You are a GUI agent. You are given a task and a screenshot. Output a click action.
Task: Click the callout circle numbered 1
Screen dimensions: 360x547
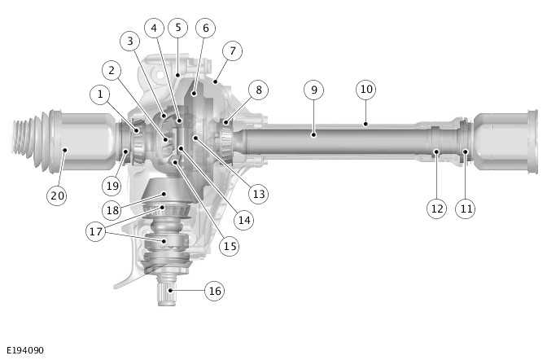click(x=101, y=94)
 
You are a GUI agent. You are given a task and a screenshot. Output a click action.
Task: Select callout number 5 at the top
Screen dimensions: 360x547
click(x=177, y=28)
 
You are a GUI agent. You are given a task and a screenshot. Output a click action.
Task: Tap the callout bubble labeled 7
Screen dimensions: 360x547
click(x=233, y=51)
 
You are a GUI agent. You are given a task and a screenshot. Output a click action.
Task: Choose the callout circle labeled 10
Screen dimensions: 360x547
click(x=365, y=89)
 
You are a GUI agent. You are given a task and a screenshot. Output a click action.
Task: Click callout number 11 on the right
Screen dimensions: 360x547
click(x=466, y=209)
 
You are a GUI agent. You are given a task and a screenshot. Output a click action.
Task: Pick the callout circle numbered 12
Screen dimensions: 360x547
click(x=437, y=209)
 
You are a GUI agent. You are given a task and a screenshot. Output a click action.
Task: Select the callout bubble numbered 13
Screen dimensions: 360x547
click(x=259, y=194)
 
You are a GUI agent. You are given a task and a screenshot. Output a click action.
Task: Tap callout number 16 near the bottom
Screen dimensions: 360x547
click(x=214, y=291)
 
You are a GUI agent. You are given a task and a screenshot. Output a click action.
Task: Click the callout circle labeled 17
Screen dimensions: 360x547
click(x=96, y=231)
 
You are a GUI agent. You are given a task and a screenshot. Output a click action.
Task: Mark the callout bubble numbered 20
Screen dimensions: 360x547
click(x=56, y=195)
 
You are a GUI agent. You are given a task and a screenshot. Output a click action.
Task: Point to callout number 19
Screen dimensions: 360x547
click(x=112, y=185)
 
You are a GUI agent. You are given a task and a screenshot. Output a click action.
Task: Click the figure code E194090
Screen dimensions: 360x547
click(x=24, y=350)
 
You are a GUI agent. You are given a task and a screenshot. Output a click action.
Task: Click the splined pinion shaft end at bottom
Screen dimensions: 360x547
click(x=169, y=295)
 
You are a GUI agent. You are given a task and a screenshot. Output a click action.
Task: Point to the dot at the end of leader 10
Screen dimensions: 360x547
click(x=365, y=124)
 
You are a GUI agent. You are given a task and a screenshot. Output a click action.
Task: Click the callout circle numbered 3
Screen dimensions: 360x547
click(x=129, y=40)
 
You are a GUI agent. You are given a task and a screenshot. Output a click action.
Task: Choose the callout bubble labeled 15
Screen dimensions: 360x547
click(x=230, y=244)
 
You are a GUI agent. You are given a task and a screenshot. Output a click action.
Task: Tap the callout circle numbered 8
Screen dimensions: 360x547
click(x=257, y=90)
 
